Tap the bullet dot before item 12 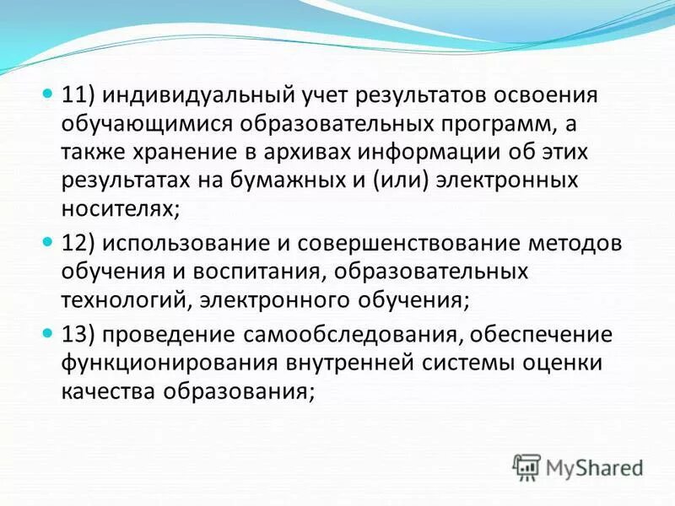point(48,241)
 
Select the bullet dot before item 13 point(48,332)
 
